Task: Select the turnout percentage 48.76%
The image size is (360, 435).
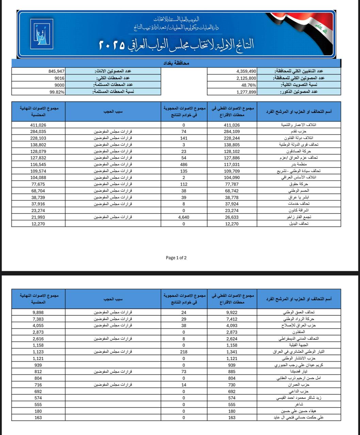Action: point(248,85)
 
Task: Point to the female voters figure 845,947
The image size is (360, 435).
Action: point(56,71)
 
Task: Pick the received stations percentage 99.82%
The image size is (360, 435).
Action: point(57,92)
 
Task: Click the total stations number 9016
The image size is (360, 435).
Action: point(59,78)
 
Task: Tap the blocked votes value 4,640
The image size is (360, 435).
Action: point(184,217)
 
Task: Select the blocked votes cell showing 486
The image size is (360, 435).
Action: point(184,164)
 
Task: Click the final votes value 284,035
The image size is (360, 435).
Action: point(38,132)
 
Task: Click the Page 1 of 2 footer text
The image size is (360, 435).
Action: point(176,258)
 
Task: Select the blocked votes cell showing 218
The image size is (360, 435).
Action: point(184,352)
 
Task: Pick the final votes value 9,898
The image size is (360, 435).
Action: point(38,312)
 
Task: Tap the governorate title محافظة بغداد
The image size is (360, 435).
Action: point(176,63)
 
